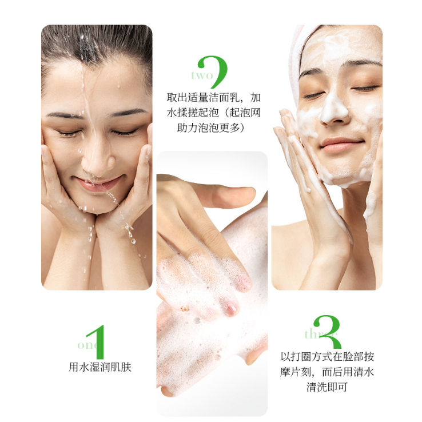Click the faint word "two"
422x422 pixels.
click(x=202, y=75)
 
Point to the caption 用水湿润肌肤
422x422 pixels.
click(x=100, y=367)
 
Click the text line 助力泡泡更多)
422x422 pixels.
click(x=211, y=128)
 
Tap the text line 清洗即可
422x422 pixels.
click(x=327, y=387)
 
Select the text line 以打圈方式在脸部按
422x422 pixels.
click(x=327, y=357)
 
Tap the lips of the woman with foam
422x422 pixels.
click(x=340, y=145)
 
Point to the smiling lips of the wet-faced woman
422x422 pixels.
click(x=99, y=184)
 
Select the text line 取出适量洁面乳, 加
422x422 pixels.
click(x=213, y=98)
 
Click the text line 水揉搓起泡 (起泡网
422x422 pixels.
click(x=213, y=113)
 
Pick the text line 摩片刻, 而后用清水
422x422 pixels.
click(x=327, y=372)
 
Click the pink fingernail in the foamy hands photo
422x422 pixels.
click(x=232, y=309)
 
